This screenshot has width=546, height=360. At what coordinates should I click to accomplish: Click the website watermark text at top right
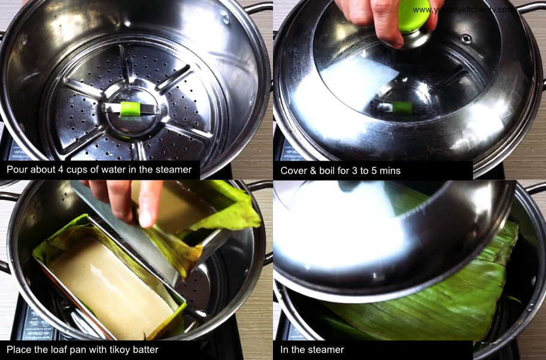tap(462, 10)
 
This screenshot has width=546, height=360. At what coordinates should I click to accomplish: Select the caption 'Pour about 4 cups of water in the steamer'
tap(99, 170)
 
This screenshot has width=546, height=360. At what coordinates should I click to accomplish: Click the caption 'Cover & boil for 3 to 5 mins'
tap(341, 171)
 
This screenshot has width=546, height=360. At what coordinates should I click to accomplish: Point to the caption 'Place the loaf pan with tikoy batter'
tap(83, 349)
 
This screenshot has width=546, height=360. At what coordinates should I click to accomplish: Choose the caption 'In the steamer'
tap(313, 349)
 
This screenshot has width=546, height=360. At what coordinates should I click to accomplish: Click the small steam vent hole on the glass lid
tap(465, 39)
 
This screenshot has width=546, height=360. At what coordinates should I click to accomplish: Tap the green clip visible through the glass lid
tap(402, 108)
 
